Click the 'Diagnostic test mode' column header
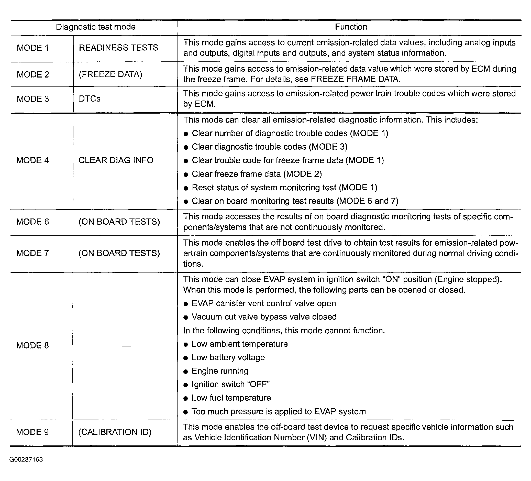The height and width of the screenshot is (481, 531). click(96, 27)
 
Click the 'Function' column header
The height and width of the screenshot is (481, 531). click(351, 27)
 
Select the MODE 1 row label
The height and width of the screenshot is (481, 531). click(33, 48)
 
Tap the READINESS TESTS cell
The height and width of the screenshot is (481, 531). click(118, 48)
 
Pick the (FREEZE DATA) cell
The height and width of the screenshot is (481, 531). click(110, 74)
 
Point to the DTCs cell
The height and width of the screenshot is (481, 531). click(90, 99)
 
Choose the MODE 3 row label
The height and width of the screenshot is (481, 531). click(33, 99)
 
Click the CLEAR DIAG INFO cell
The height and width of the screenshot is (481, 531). click(116, 160)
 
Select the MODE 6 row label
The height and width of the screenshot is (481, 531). click(33, 222)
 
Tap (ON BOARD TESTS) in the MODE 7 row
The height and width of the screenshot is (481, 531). click(119, 253)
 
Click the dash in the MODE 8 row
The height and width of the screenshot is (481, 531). click(126, 346)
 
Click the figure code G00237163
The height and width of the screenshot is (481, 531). click(26, 460)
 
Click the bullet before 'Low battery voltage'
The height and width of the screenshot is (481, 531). click(186, 358)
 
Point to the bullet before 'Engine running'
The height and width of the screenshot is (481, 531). click(186, 371)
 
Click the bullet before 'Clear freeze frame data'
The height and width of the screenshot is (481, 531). click(186, 174)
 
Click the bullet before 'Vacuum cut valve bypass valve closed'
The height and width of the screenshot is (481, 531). click(186, 318)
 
